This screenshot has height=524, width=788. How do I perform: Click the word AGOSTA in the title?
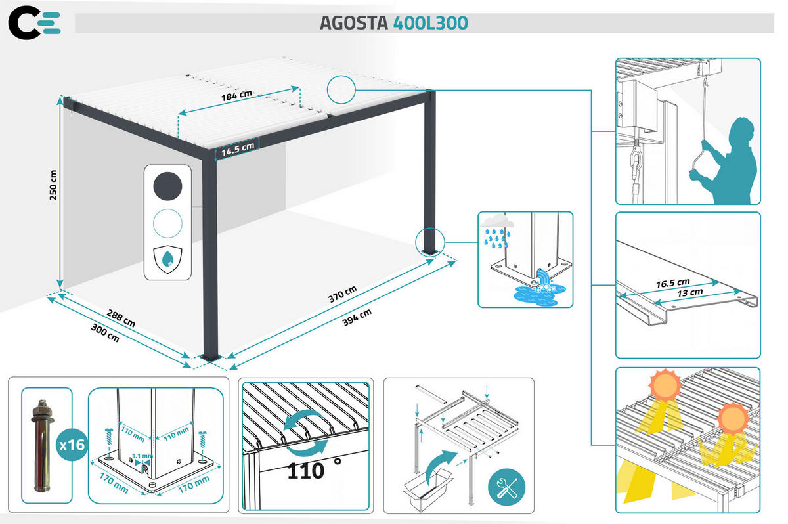[354, 23]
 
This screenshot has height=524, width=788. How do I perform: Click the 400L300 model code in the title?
[431, 23]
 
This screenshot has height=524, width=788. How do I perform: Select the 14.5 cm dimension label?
[237, 149]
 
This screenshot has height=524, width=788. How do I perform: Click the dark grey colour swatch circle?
[167, 186]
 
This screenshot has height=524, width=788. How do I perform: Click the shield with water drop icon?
[167, 259]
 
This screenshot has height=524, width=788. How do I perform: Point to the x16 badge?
[72, 445]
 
